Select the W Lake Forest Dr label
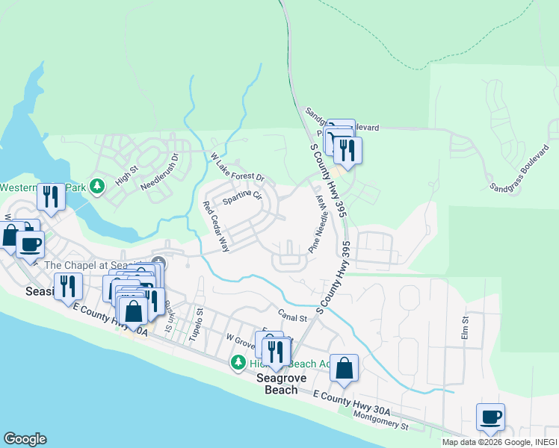[238, 169]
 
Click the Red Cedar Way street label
[216, 226]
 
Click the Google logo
[25, 439]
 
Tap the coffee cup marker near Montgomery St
[490, 417]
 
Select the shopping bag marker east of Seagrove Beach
[344, 367]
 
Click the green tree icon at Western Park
[96, 185]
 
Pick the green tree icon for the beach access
[238, 362]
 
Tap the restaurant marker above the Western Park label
[51, 197]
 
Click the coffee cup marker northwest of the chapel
[30, 243]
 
